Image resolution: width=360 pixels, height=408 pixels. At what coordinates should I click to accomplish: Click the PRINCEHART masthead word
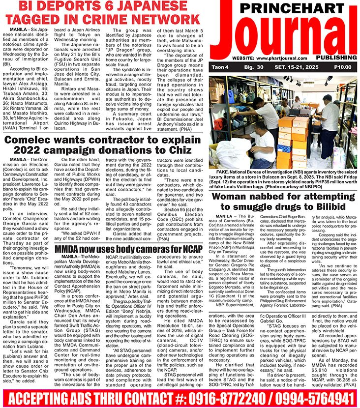pos(292,8)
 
